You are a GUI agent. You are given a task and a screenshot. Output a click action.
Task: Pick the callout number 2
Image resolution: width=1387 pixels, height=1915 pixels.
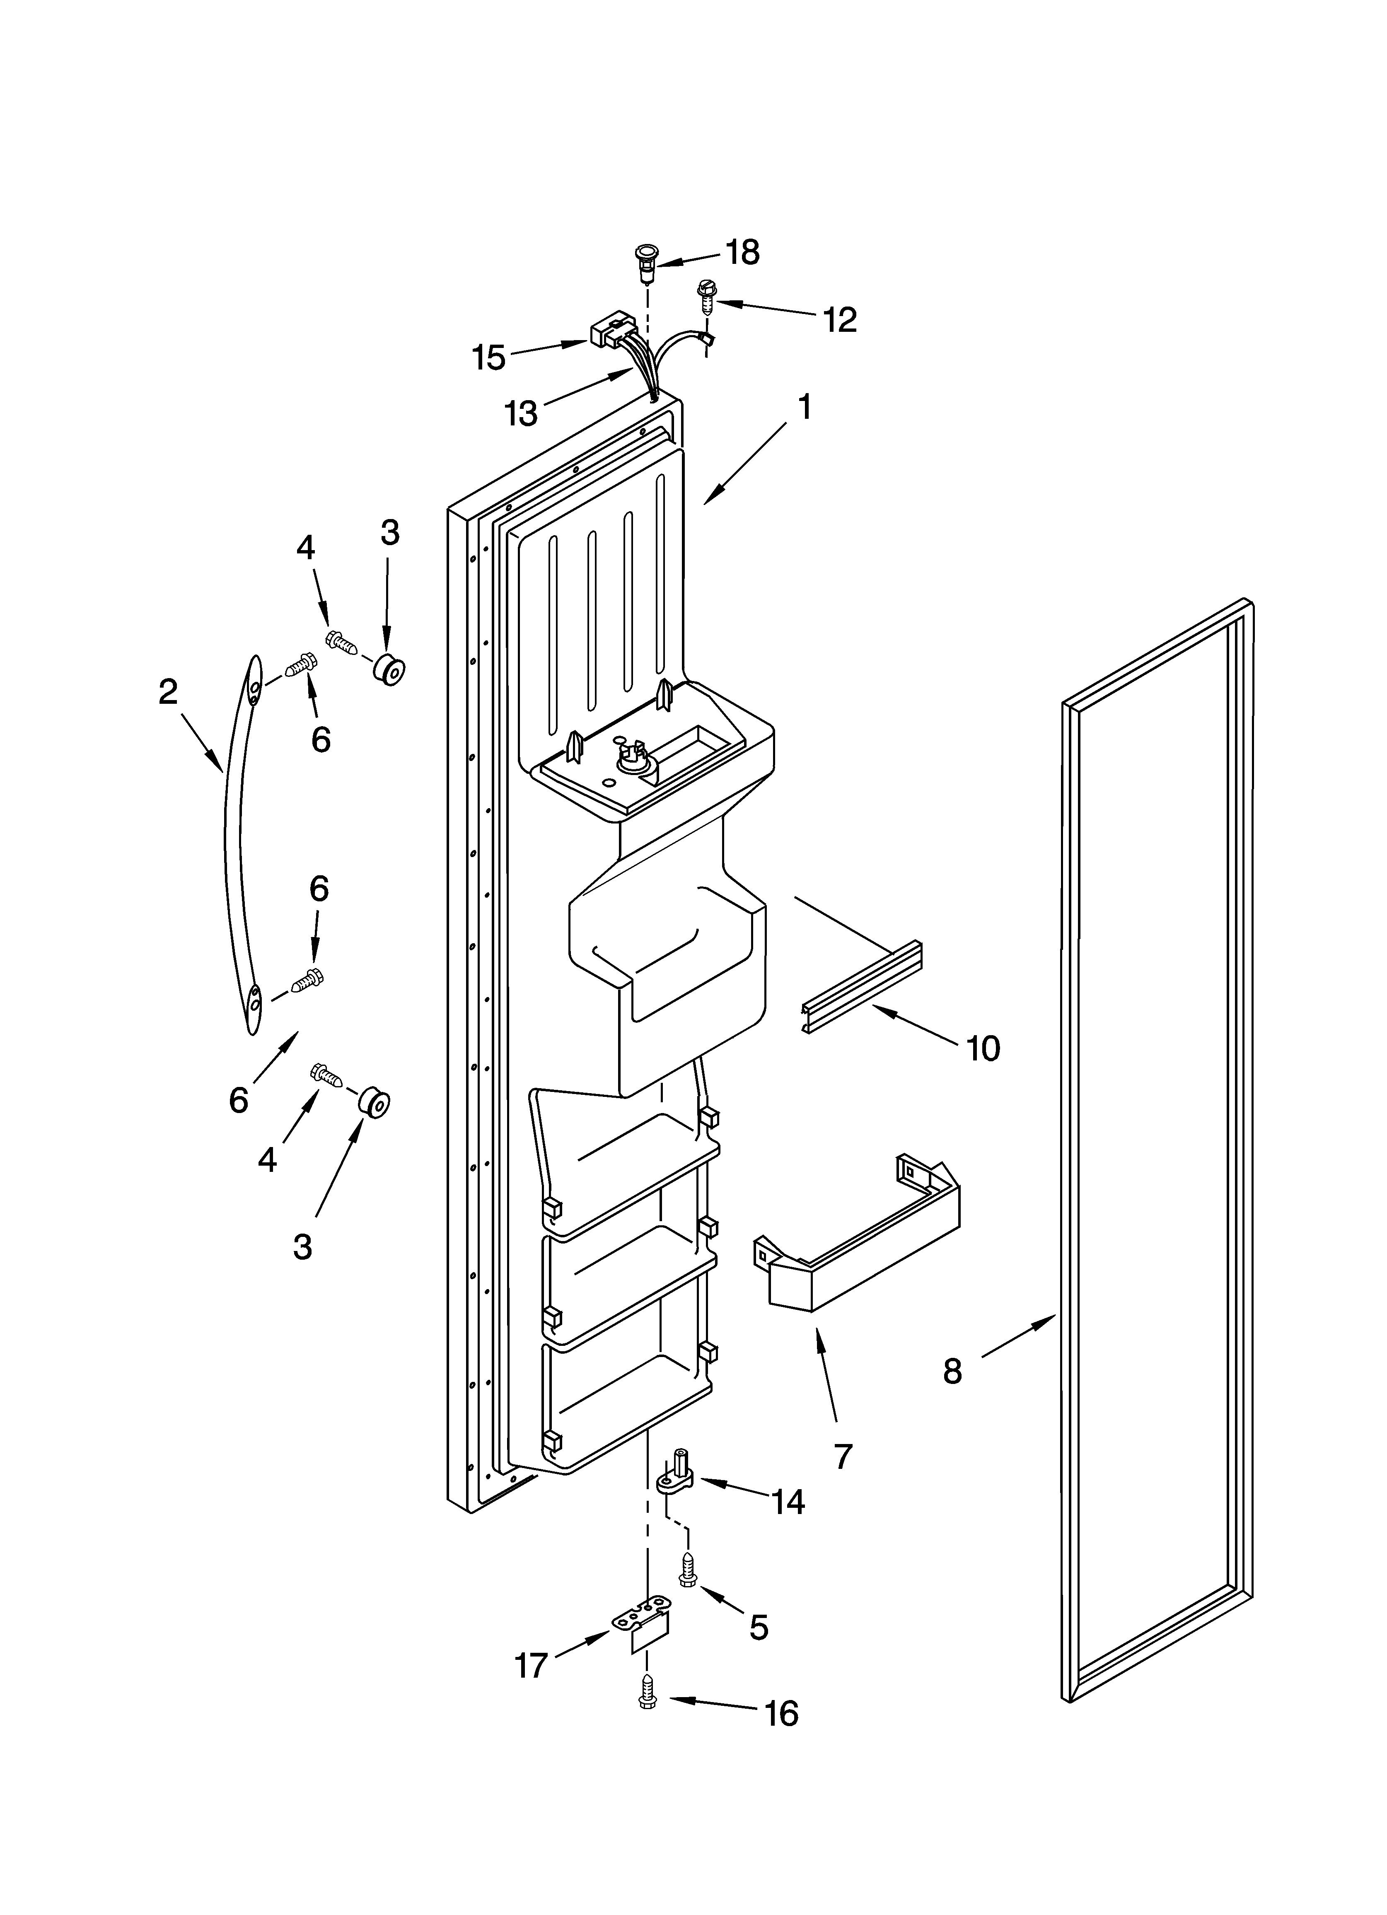click(168, 692)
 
